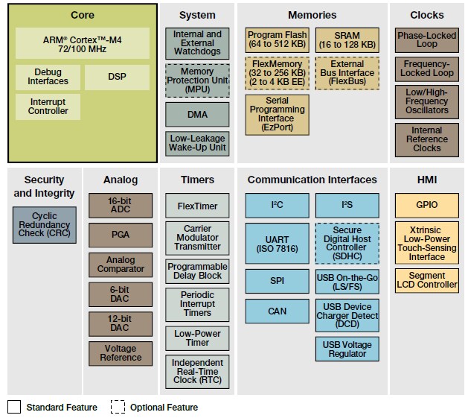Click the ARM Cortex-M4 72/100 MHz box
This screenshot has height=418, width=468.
pos(82,43)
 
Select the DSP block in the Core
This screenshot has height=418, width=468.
pos(116,77)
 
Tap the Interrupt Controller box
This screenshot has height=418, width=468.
pos(48,107)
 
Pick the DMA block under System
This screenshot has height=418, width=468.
pos(197,115)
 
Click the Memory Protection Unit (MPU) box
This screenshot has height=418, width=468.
pos(197,80)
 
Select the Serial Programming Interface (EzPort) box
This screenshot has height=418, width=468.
pos(277,114)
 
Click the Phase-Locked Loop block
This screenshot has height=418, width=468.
pos(426,40)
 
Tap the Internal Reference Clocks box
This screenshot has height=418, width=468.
pos(426,139)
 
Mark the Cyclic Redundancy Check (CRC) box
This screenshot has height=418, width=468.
pos(43,225)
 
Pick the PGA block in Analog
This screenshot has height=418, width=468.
pos(120,235)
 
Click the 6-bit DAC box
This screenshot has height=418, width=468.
pos(120,294)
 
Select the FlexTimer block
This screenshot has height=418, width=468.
pos(197,205)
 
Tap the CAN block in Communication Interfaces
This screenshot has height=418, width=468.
pos(277,311)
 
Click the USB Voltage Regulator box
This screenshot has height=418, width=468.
pos(347,349)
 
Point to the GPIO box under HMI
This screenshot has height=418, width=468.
pos(426,205)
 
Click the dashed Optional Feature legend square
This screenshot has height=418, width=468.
pos(118,407)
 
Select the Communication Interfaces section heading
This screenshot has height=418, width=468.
pos(312,180)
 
